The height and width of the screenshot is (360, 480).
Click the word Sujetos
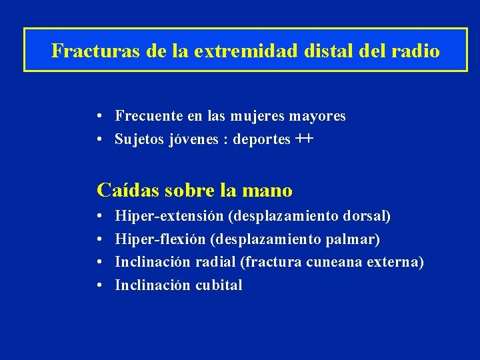137,139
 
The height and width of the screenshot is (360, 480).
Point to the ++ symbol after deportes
303,139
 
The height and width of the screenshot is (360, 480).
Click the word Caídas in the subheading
125,191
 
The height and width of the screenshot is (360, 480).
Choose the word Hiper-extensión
169,217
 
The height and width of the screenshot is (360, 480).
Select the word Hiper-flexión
161,239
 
